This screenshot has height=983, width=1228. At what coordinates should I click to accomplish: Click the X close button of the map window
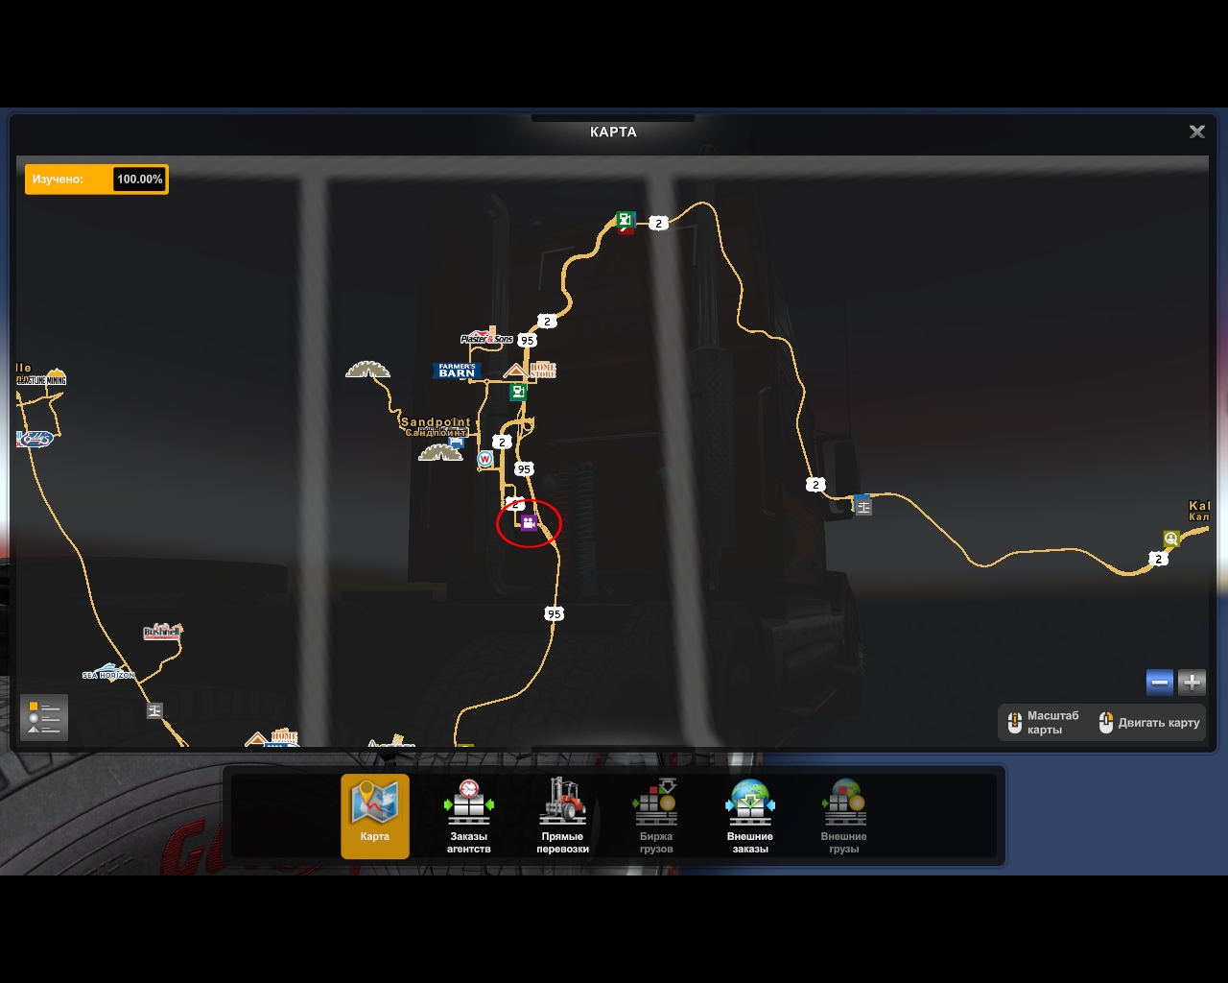tap(1196, 132)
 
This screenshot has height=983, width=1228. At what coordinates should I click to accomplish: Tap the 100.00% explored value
tap(139, 180)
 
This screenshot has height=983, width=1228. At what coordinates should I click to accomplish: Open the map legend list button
tap(44, 717)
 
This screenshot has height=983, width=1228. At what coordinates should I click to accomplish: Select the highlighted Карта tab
tap(375, 815)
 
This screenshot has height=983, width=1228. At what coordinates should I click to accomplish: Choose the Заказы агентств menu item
tap(468, 815)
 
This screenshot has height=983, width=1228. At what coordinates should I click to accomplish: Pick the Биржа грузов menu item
tap(656, 815)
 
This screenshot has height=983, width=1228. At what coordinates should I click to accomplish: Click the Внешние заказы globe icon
tap(750, 802)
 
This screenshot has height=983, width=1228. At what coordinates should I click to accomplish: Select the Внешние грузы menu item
tap(844, 815)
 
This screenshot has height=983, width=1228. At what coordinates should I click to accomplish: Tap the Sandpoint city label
tap(436, 423)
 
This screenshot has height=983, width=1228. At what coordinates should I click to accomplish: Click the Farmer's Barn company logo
tap(457, 371)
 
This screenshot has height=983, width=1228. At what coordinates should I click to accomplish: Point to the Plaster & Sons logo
tap(486, 338)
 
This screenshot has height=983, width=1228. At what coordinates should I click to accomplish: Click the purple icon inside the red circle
tap(528, 522)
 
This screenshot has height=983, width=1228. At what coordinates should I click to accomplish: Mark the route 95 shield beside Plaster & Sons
tap(527, 340)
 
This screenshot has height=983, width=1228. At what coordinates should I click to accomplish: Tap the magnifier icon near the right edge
tap(1170, 539)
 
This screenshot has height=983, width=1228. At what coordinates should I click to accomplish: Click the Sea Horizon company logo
tap(108, 673)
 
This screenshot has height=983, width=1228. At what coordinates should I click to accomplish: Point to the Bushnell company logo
tap(162, 632)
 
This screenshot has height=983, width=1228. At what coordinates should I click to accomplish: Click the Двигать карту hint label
tap(1159, 723)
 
